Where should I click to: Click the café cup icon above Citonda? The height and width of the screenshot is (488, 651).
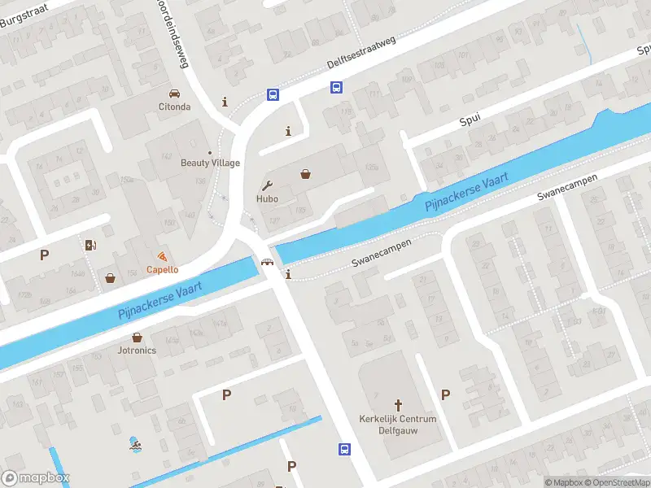tap(174, 94)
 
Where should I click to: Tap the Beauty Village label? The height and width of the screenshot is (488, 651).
tap(210, 162)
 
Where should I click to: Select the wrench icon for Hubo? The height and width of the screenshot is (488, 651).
tap(266, 185)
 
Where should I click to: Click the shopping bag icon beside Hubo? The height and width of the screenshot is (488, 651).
tap(305, 173)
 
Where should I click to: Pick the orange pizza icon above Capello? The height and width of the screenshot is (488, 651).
tap(163, 257)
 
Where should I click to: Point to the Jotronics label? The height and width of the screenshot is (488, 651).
tap(137, 350)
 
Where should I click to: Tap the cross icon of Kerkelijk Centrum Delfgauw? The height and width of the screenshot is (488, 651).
tap(398, 404)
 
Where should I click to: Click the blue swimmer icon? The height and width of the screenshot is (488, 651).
tap(133, 445)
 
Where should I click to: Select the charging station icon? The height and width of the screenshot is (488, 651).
tap(90, 245)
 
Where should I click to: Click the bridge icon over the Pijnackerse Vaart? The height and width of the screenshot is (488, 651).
tap(266, 262)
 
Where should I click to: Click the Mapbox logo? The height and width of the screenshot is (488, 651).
tap(36, 478)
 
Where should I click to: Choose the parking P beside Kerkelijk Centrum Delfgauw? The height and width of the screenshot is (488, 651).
tap(445, 394)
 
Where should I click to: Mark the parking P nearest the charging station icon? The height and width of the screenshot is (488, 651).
tap(44, 255)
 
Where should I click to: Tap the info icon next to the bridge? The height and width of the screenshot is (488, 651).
tap(288, 275)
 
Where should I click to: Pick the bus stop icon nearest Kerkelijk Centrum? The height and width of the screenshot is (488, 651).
tap(345, 449)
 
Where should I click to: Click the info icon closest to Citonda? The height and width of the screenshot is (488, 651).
tap(225, 102)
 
